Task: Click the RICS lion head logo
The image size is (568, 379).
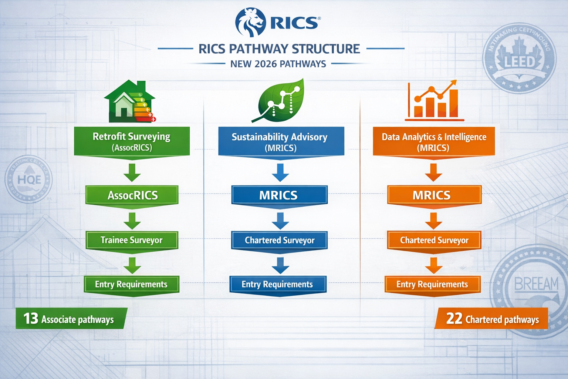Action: pos(250,22)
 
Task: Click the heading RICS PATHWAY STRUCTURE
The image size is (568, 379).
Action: pos(279,49)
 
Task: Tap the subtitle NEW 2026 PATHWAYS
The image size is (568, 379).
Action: pos(278,64)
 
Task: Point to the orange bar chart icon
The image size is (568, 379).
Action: pos(434,101)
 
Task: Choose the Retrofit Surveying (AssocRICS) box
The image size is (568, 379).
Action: pos(132,141)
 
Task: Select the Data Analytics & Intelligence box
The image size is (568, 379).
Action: pos(433,142)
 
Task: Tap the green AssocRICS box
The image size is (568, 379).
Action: pos(132,195)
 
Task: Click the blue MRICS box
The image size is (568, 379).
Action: pos(279,195)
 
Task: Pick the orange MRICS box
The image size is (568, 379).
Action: pos(434,195)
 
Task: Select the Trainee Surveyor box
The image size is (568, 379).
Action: pos(132,240)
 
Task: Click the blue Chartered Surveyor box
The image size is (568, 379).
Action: pos(279,241)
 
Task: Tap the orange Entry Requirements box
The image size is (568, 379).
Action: pos(432,284)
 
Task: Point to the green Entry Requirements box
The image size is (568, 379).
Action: pos(131,284)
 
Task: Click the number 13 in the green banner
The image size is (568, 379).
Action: pos(31,319)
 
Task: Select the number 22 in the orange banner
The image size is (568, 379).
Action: pos(454,319)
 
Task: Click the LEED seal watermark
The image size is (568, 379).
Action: pos(519,59)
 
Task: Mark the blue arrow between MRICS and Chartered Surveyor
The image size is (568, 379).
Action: pos(280,221)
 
